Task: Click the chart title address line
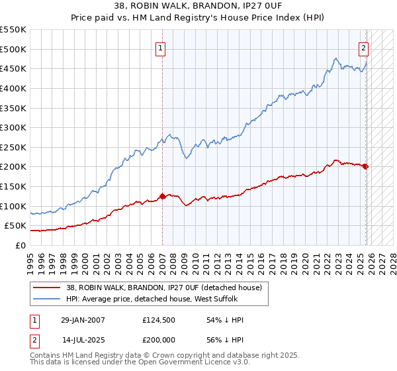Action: (198, 6)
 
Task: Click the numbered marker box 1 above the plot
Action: (161, 47)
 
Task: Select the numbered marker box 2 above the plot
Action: (364, 47)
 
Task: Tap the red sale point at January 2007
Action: (162, 196)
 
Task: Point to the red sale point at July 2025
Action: (366, 166)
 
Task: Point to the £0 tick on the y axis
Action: (21, 245)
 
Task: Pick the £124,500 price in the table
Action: (157, 320)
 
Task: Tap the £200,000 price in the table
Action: (157, 340)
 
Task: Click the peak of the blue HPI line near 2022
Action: (336, 58)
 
